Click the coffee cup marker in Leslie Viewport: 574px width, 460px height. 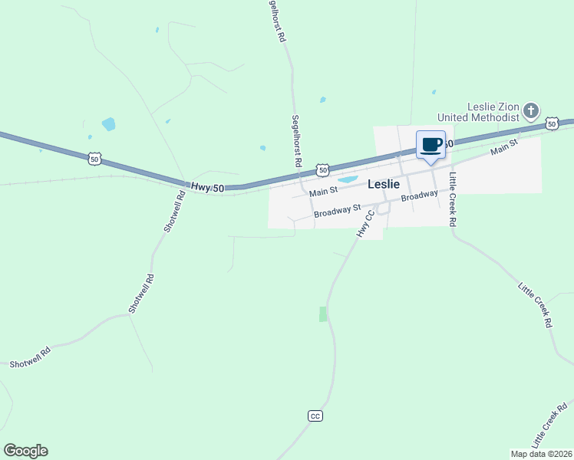[x=430, y=145]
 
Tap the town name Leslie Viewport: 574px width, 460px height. [x=384, y=184]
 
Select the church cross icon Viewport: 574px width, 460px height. [x=530, y=112]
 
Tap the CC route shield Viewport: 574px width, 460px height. [x=315, y=416]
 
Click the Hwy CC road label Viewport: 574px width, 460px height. [x=366, y=223]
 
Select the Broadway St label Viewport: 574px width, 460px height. [x=338, y=209]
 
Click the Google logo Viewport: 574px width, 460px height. [x=25, y=451]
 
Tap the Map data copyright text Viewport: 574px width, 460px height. [x=541, y=454]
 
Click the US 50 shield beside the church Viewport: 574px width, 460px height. [x=552, y=123]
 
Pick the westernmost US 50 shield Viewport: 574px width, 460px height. [x=94, y=159]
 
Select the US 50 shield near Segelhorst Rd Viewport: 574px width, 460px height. [x=322, y=169]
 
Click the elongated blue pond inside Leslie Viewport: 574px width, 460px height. [x=348, y=180]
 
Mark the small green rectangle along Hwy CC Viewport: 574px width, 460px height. [x=323, y=314]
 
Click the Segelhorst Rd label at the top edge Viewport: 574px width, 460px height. [x=276, y=21]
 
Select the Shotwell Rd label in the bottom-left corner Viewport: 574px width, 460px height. [x=30, y=357]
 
